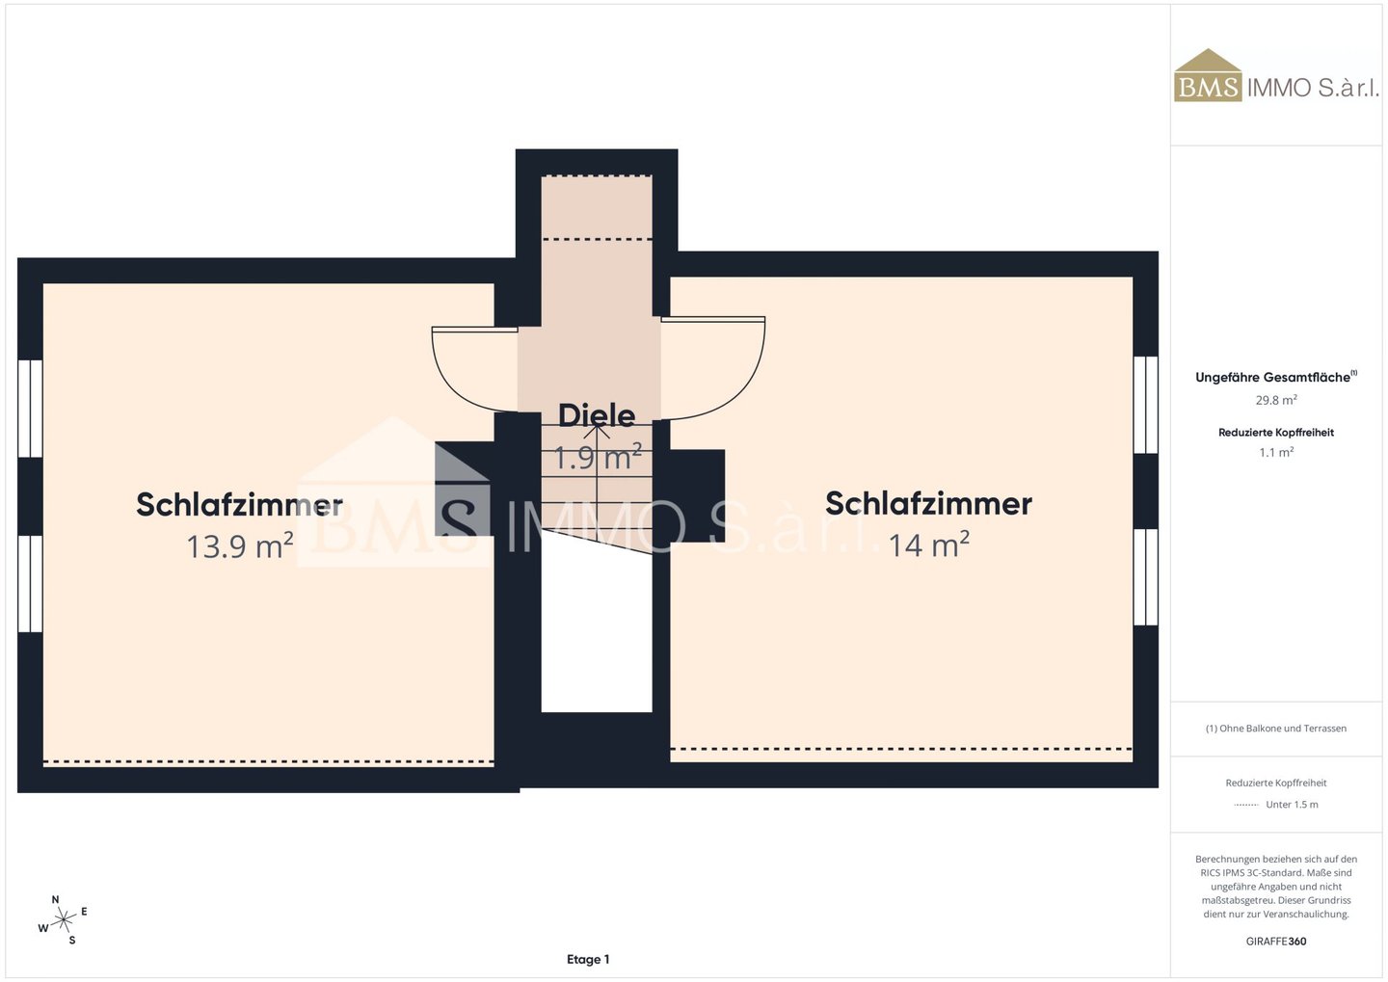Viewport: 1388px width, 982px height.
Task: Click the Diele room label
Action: click(597, 415)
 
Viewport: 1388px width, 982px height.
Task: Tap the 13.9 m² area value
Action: click(240, 546)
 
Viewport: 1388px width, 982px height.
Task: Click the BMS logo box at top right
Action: click(1208, 76)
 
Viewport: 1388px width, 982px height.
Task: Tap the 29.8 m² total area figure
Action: click(1276, 400)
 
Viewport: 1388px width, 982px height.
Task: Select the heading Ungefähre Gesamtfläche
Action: click(1276, 377)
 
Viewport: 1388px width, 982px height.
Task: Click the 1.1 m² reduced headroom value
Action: click(1276, 452)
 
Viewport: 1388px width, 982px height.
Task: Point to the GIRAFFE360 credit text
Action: click(1276, 942)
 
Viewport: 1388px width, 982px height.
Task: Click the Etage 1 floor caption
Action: click(588, 959)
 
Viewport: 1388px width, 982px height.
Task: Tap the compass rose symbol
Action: click(63, 920)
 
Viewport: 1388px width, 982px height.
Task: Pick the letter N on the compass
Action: click(55, 899)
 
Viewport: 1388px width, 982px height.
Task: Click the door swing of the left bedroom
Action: click(474, 369)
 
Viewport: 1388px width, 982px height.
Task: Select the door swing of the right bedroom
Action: click(713, 369)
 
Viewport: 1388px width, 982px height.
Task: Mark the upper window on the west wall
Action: click(31, 409)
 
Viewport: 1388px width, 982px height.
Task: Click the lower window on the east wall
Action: click(1146, 577)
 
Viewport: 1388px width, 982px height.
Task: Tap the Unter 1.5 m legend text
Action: click(1292, 804)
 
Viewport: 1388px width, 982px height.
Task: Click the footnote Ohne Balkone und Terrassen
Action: click(1276, 728)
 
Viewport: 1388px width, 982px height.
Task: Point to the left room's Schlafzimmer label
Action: click(239, 504)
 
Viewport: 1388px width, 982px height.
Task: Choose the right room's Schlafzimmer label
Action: click(928, 503)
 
